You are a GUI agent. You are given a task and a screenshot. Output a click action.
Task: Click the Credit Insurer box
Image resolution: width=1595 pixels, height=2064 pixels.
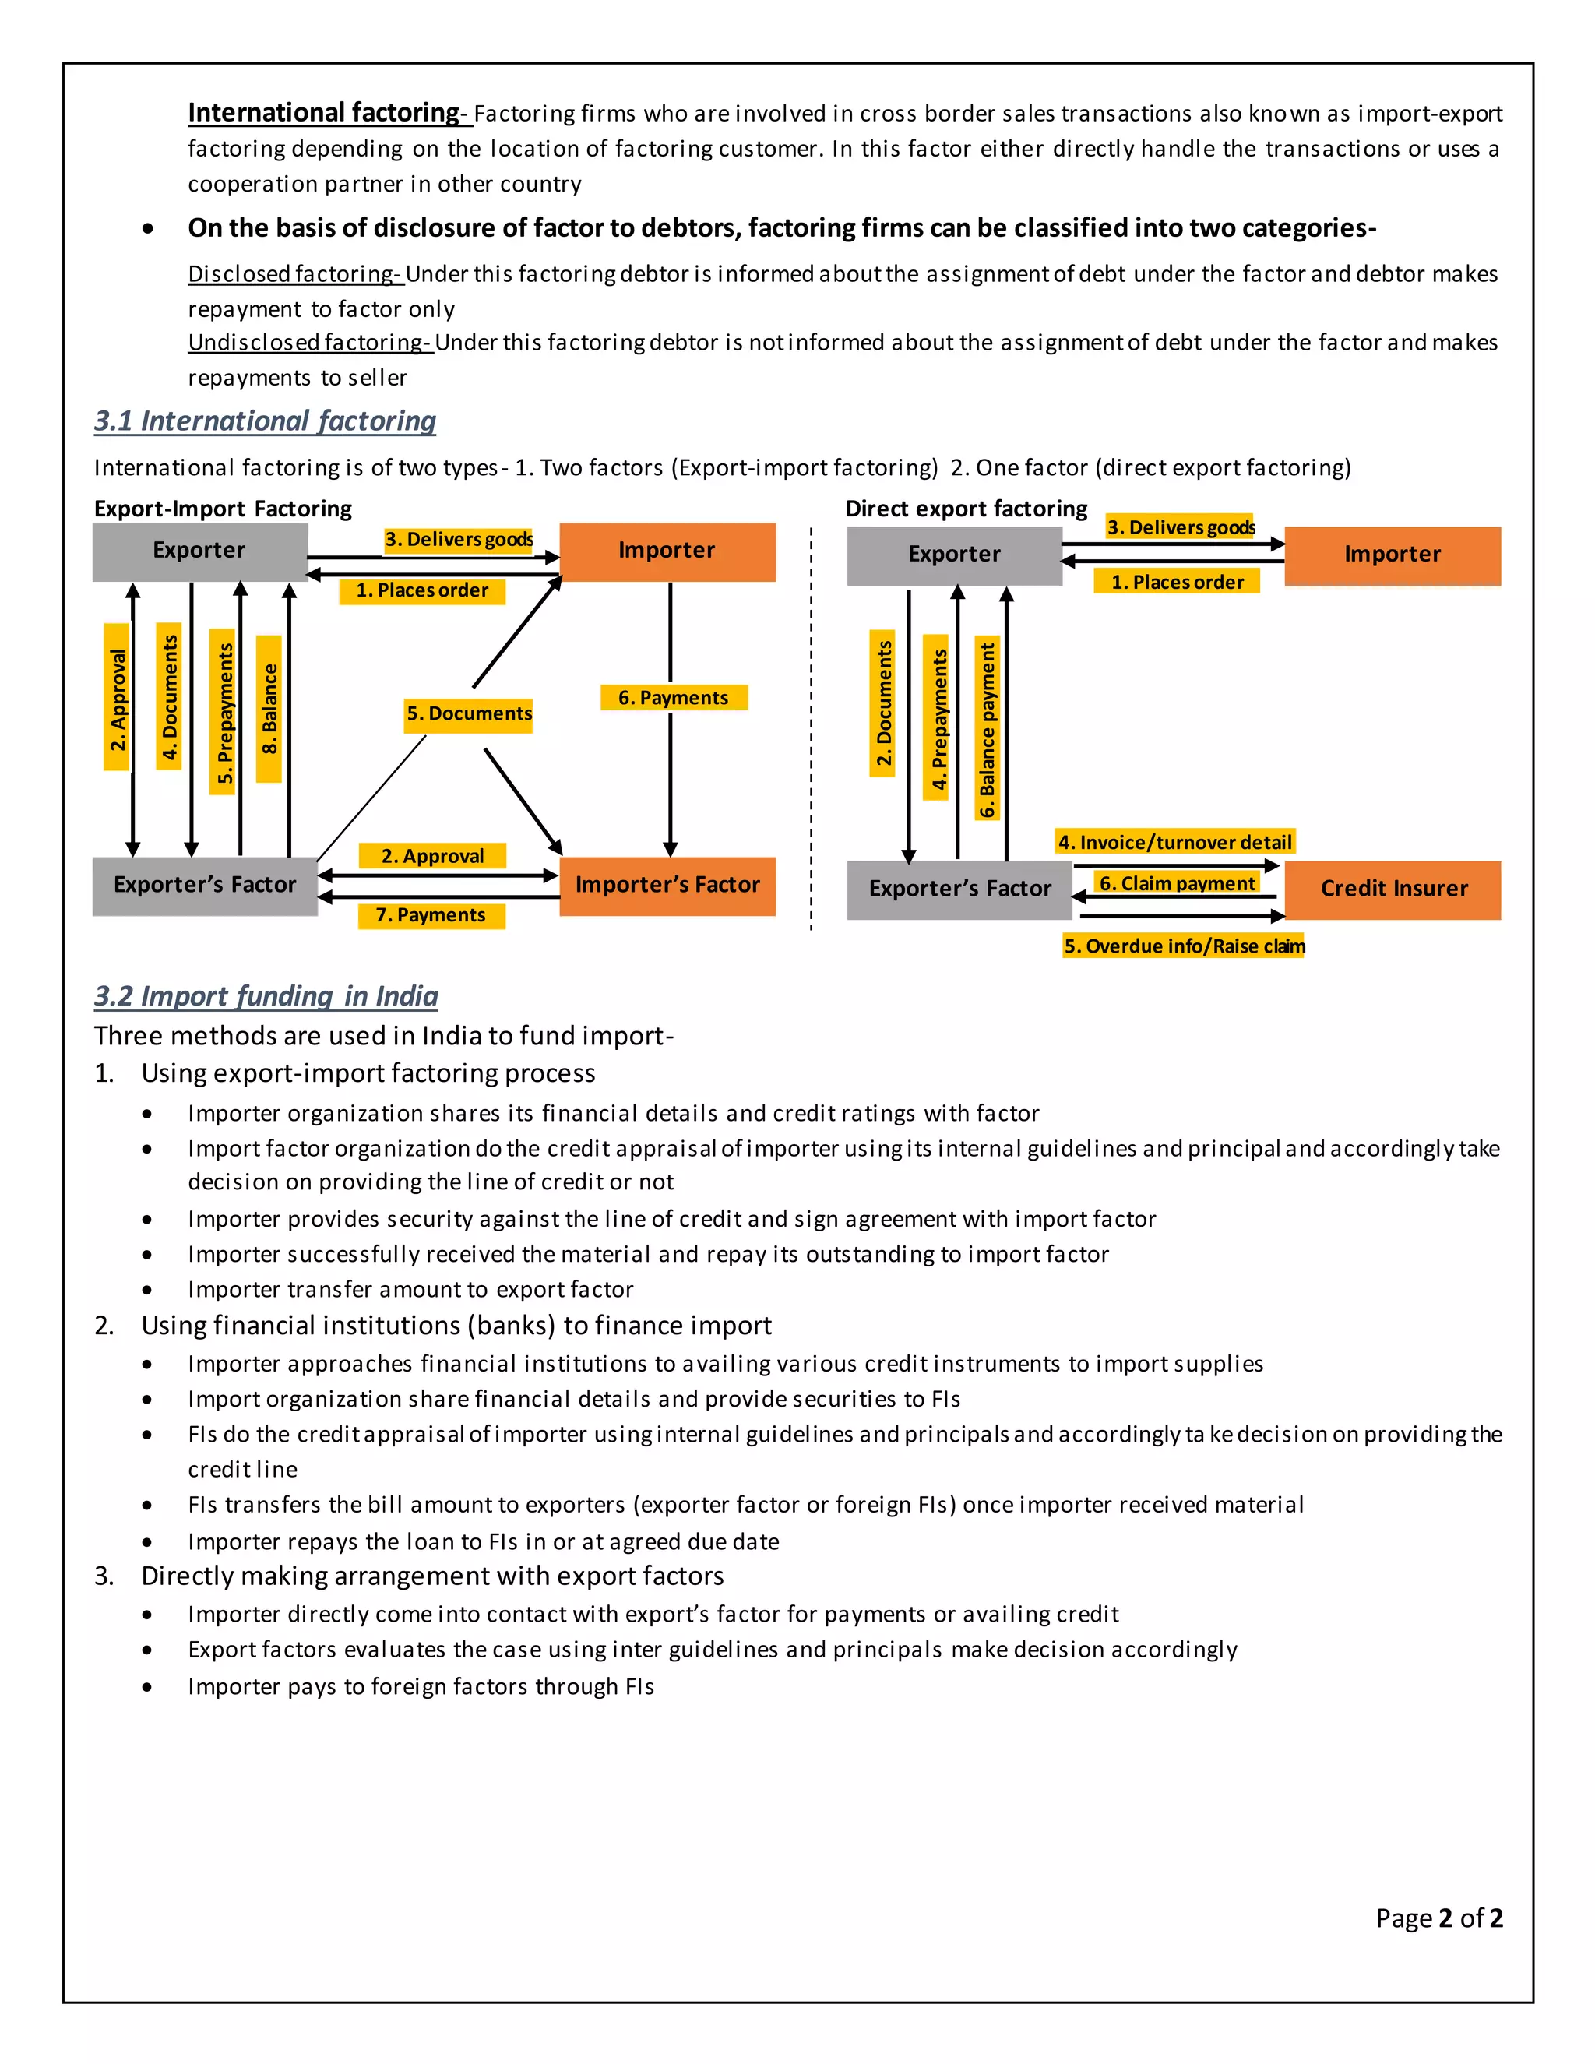pyautogui.click(x=1393, y=889)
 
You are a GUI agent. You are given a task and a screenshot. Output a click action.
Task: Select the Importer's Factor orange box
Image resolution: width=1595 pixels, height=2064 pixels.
pyautogui.click(x=667, y=886)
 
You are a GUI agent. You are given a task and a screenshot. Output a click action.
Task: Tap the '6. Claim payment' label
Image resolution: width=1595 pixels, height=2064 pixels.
pyautogui.click(x=1178, y=882)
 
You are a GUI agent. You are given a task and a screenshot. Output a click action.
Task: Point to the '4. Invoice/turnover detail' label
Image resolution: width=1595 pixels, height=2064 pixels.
pyautogui.click(x=1174, y=841)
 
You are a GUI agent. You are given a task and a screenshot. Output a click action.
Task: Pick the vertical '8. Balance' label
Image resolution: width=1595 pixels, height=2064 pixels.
pyautogui.click(x=269, y=709)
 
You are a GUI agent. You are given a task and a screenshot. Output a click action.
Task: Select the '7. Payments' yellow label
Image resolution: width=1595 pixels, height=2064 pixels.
pyautogui.click(x=431, y=915)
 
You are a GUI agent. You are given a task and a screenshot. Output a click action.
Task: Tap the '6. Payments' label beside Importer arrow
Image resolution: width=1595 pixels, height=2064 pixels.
pyautogui.click(x=674, y=697)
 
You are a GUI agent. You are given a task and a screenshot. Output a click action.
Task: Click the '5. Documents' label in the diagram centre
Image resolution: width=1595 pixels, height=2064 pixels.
pyautogui.click(x=470, y=713)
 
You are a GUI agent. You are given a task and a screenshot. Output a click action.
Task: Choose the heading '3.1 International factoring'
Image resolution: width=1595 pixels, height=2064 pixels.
pyautogui.click(x=265, y=421)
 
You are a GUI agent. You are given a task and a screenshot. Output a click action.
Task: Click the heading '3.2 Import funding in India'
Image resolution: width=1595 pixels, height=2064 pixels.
pyautogui.click(x=266, y=996)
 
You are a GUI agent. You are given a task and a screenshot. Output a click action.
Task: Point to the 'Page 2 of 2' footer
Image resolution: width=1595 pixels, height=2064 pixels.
pyautogui.click(x=1438, y=1918)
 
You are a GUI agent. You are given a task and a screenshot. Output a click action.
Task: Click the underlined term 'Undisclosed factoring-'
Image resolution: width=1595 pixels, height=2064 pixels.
pyautogui.click(x=310, y=342)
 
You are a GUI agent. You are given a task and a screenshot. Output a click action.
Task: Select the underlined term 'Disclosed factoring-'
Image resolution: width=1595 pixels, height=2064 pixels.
pyautogui.click(x=296, y=274)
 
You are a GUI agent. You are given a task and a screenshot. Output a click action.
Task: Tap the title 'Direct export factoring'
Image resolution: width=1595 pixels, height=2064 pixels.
pyautogui.click(x=966, y=509)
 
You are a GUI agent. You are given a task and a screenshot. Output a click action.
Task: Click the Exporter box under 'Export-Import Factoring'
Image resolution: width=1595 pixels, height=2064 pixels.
pyautogui.click(x=199, y=551)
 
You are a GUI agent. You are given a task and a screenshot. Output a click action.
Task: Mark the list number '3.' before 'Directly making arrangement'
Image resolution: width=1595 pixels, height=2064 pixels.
pyautogui.click(x=104, y=1576)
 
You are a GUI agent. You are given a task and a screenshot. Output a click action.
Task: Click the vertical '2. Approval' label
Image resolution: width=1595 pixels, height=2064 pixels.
pyautogui.click(x=117, y=699)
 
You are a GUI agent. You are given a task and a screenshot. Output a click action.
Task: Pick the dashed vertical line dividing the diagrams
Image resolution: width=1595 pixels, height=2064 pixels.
pyautogui.click(x=811, y=727)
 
